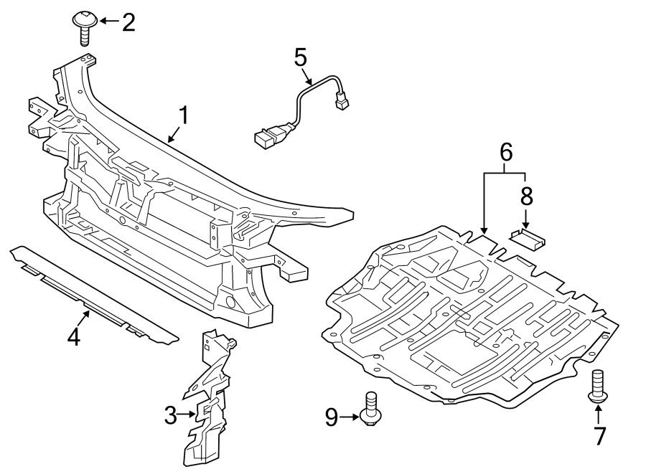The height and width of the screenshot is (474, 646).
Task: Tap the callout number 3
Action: (x=170, y=414)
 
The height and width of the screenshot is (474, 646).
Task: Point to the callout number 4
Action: (x=74, y=336)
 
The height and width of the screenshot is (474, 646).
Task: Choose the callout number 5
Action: (x=300, y=57)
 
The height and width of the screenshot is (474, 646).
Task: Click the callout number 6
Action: (x=505, y=152)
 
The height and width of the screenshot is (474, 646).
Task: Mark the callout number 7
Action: (x=599, y=435)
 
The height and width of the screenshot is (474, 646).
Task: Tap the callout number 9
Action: (x=331, y=417)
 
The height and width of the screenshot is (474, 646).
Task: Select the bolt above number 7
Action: (x=596, y=385)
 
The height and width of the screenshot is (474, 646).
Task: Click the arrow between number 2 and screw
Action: (x=108, y=22)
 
